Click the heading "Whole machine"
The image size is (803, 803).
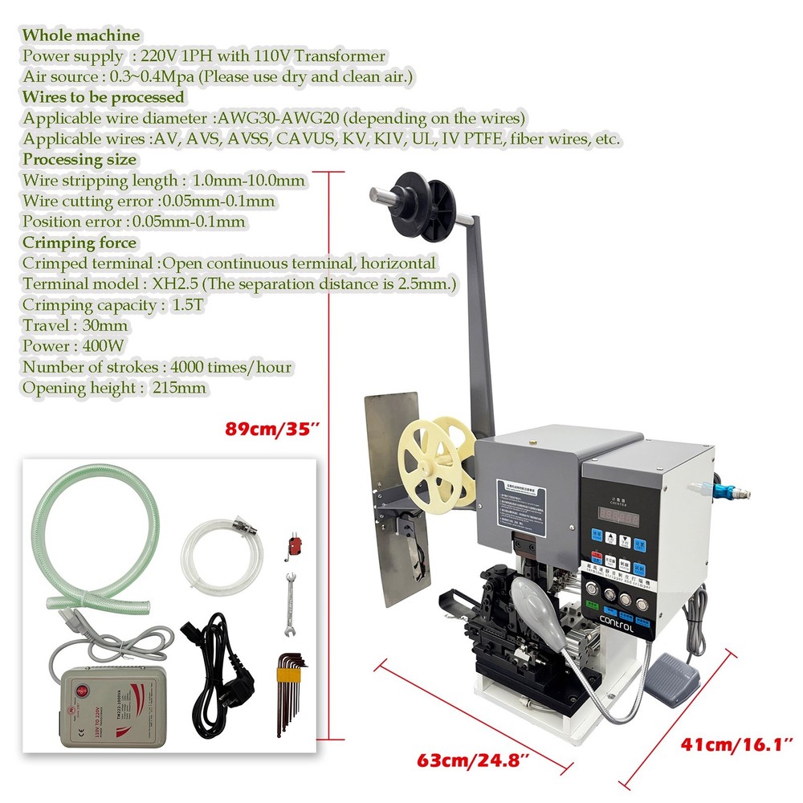click(81, 35)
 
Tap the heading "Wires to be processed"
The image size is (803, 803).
click(104, 97)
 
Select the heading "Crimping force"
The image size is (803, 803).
click(79, 243)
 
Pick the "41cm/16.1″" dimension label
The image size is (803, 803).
click(737, 745)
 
